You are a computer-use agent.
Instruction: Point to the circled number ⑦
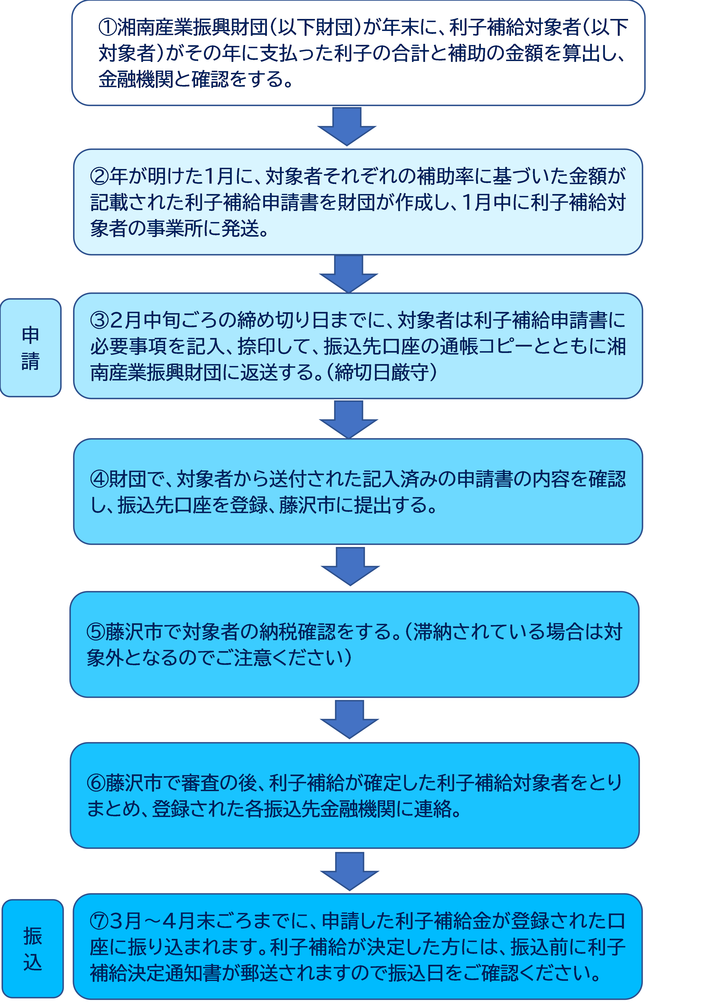(x=99, y=921)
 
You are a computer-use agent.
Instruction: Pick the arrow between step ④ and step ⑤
(x=350, y=566)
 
